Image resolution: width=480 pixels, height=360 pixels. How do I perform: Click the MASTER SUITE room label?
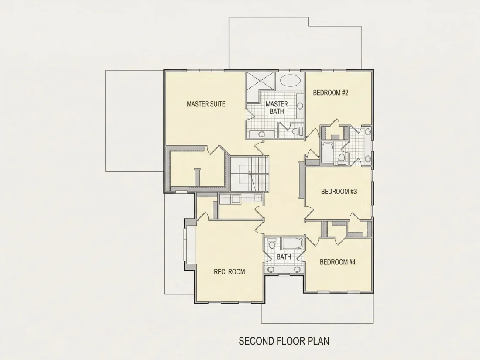[206, 104]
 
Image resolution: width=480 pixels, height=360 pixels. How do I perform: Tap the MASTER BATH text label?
[277, 107]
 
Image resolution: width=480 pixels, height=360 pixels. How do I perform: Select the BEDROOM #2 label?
[331, 93]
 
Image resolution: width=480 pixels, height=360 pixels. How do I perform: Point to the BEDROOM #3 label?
[339, 192]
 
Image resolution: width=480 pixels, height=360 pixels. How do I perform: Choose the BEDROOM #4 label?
[338, 262]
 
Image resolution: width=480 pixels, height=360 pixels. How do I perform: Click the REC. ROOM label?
[229, 271]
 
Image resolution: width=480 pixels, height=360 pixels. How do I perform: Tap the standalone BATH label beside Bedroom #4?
[284, 257]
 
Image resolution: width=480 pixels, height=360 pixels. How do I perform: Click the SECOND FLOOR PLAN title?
[284, 341]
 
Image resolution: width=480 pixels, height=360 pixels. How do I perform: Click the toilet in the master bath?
[296, 131]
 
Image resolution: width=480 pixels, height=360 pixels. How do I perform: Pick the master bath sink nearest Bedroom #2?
[300, 106]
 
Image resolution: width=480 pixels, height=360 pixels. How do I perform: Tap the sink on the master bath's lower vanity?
[261, 134]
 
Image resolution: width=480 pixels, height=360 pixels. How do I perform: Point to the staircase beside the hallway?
[250, 173]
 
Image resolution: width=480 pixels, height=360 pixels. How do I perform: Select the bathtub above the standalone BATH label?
[292, 243]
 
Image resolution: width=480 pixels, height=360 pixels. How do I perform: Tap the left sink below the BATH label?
[271, 269]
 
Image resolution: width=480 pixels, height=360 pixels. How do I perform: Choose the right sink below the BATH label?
[297, 269]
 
